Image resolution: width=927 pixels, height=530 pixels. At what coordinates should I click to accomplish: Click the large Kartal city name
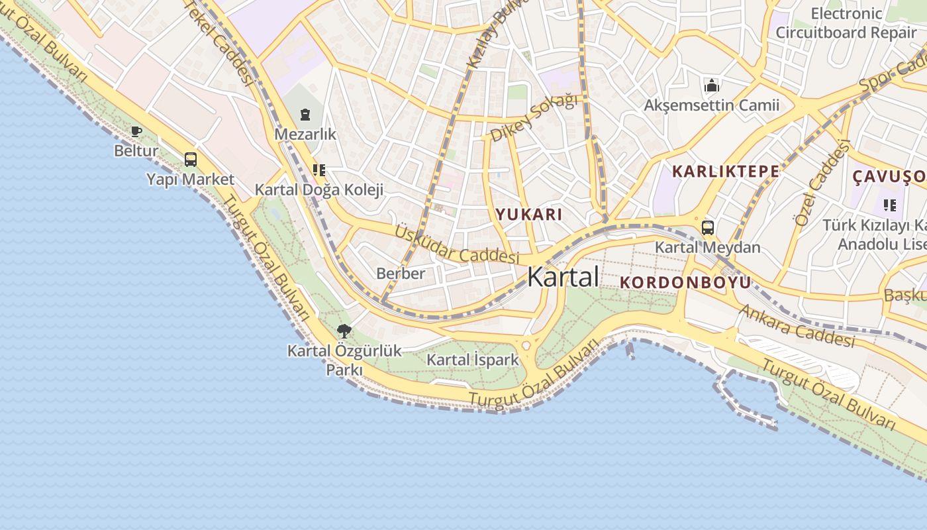tap(563, 276)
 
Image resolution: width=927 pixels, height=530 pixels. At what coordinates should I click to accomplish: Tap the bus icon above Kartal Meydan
tap(707, 228)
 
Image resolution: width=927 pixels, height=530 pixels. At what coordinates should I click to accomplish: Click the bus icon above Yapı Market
tap(191, 159)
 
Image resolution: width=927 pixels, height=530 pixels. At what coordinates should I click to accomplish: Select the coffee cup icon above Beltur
tap(136, 131)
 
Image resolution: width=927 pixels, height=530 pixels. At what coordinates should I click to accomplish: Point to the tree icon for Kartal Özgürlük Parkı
tap(344, 331)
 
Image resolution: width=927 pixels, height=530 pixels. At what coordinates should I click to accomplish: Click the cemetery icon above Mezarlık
tap(305, 115)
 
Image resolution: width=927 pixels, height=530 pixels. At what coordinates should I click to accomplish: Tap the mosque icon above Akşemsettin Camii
tap(712, 85)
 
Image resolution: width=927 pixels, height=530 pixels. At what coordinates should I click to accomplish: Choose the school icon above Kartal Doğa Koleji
tap(319, 170)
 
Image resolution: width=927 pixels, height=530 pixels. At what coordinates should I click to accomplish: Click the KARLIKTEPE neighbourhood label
tap(725, 171)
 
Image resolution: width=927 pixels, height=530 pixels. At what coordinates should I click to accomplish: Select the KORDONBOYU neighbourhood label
tap(685, 282)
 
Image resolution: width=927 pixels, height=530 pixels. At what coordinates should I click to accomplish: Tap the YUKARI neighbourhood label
tap(529, 214)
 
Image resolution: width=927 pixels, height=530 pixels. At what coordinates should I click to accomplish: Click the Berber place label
tap(401, 273)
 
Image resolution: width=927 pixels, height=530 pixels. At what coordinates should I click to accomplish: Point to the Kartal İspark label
tap(473, 360)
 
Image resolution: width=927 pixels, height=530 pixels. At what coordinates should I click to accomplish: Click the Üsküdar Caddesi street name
tap(457, 244)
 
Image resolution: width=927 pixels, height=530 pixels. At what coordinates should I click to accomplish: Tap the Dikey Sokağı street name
tap(534, 117)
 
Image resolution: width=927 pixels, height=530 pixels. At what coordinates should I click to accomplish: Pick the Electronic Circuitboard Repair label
tap(846, 23)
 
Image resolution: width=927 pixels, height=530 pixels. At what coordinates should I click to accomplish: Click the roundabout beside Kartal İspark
tap(527, 345)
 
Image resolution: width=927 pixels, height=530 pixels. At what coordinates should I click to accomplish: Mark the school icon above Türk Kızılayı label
tap(889, 205)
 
